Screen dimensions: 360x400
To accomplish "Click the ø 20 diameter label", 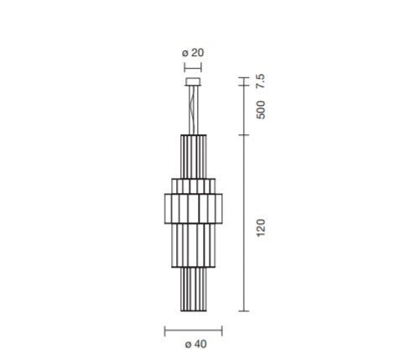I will pos(193,52).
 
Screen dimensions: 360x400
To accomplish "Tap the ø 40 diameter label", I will pos(193,344).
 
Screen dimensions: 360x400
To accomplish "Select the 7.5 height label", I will pos(261,83).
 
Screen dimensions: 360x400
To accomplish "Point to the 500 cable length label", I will pos(261,110).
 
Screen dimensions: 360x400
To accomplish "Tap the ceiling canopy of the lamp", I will pos(193,81).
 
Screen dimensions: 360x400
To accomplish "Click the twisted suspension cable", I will pos(193,107).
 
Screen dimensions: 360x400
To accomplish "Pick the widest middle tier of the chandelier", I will pos(193,205).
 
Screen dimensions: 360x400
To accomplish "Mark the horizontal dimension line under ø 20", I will pos(193,64).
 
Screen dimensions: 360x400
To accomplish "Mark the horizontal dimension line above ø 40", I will pos(193,329).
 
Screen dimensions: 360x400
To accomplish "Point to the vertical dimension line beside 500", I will pos(244,110).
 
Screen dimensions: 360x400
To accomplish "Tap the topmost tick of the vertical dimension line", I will pos(244,77).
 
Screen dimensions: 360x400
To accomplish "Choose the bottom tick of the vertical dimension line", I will pos(244,311).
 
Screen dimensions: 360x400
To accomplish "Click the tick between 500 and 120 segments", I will pos(244,134).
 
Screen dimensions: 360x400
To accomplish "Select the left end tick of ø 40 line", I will pos(164,329).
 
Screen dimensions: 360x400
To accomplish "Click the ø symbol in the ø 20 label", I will pos(184,52).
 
